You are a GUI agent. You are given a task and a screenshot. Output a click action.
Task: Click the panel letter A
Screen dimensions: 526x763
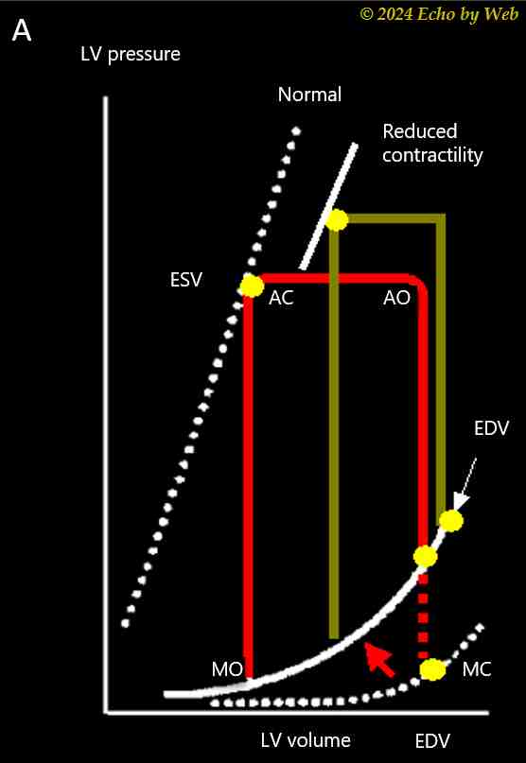click(22, 31)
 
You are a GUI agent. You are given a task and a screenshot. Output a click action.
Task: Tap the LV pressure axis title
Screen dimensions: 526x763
click(131, 54)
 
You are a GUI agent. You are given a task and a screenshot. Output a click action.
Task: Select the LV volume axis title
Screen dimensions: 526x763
click(306, 740)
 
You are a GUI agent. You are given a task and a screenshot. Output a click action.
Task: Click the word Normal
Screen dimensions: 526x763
click(309, 94)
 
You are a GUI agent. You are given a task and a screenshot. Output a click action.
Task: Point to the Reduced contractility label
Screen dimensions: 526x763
click(432, 144)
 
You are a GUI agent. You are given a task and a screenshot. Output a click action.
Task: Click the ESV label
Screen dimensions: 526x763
click(186, 280)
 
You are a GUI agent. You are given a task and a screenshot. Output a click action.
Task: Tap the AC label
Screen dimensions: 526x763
click(281, 298)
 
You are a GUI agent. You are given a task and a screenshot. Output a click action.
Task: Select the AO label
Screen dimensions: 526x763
click(397, 298)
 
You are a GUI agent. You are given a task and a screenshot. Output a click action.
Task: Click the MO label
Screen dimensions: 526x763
click(227, 669)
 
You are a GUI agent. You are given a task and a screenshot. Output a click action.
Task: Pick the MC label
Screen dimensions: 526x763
click(477, 669)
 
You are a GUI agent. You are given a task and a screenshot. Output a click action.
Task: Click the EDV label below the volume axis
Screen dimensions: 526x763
click(432, 741)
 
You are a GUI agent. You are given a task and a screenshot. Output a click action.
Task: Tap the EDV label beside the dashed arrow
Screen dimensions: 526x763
click(491, 428)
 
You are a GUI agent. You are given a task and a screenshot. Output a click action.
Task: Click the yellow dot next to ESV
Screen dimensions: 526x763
click(252, 286)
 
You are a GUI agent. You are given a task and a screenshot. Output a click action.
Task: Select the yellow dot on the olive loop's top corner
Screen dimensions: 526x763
click(337, 220)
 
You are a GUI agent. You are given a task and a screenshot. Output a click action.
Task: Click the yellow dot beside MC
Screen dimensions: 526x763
click(433, 670)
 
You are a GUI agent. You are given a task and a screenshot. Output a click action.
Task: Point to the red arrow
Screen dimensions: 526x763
click(380, 659)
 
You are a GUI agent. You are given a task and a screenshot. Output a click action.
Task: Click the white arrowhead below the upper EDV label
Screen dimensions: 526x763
click(460, 501)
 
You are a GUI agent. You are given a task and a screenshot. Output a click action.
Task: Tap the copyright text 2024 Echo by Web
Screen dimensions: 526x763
click(439, 14)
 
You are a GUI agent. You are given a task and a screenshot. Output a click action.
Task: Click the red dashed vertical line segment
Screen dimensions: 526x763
click(424, 616)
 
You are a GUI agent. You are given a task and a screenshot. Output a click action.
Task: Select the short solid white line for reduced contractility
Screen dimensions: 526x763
click(329, 206)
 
